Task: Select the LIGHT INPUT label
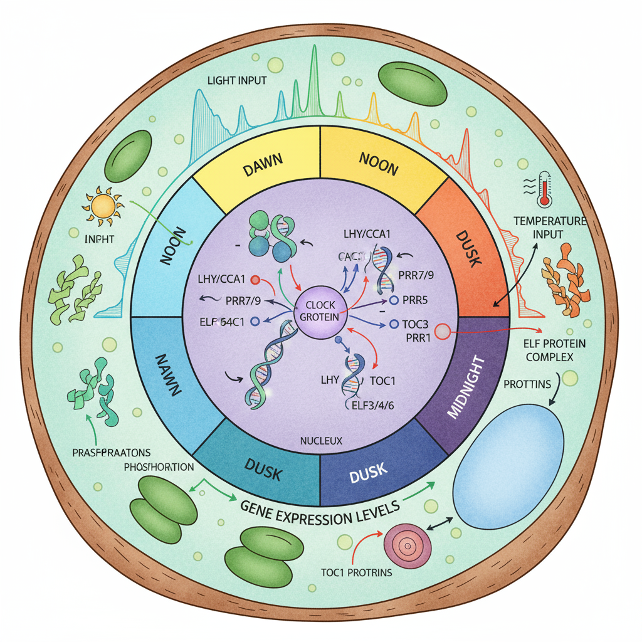(x=236, y=81)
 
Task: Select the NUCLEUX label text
(x=320, y=441)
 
